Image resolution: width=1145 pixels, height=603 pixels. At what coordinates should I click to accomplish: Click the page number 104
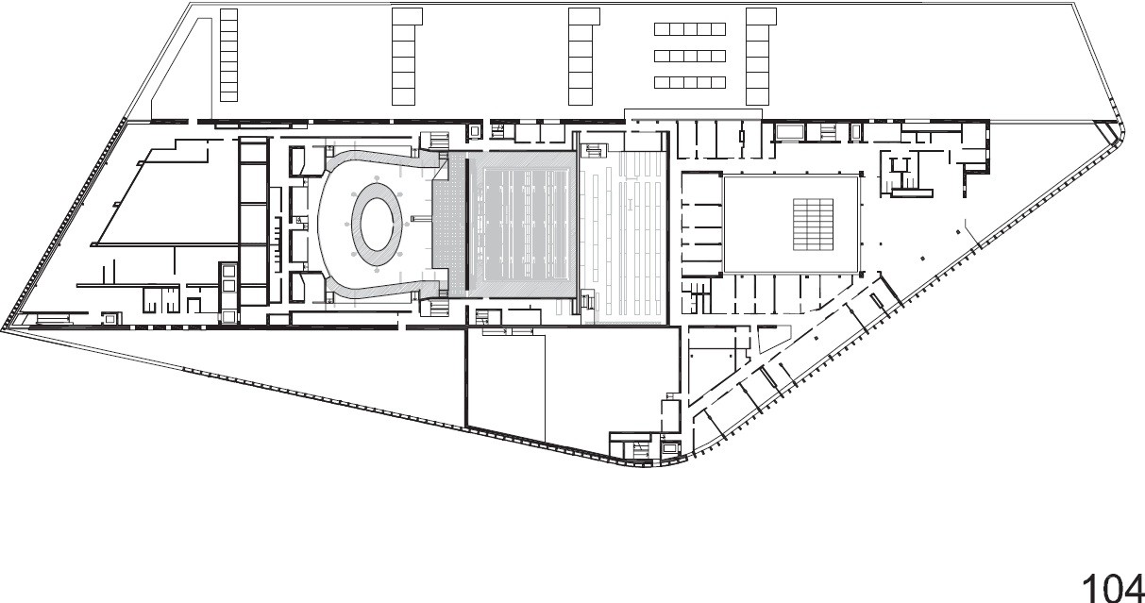click(1111, 585)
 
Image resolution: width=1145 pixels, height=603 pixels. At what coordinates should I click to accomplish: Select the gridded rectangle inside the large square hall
click(813, 224)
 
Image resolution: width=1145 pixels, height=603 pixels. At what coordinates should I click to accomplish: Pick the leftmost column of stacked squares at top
click(227, 55)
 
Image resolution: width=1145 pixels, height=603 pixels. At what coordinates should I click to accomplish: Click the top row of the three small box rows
click(690, 29)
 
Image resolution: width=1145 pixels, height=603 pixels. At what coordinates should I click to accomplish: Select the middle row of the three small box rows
click(690, 56)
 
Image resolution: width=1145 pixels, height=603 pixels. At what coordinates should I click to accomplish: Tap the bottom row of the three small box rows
click(690, 82)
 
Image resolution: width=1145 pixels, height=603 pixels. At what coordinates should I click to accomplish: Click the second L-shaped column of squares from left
click(404, 57)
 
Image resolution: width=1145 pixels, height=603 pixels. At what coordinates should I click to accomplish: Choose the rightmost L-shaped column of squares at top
click(758, 57)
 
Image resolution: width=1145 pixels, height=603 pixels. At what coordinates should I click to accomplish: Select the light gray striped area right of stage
click(625, 236)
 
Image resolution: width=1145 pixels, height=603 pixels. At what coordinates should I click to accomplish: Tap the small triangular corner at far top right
click(1104, 133)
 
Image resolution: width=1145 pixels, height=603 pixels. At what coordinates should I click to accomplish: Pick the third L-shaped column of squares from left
click(581, 57)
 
